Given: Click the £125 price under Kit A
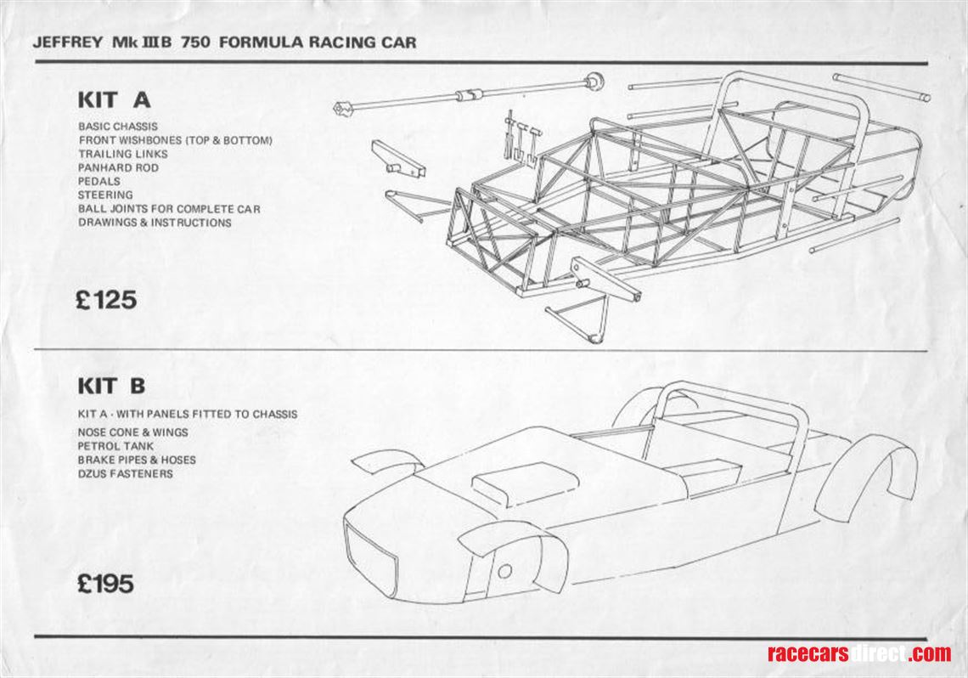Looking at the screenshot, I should click(105, 300).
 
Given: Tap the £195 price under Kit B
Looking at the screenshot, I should click(105, 585).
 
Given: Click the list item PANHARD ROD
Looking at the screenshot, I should click(118, 167).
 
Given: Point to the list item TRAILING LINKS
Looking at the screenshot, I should click(123, 154).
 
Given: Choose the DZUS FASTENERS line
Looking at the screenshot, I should click(125, 473).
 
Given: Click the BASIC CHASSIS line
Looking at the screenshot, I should click(117, 127).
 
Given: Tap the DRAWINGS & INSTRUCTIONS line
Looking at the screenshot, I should click(155, 223).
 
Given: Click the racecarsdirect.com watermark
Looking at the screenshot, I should click(858, 653).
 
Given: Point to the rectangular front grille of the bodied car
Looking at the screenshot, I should click(370, 557).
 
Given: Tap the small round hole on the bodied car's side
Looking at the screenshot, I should click(504, 572).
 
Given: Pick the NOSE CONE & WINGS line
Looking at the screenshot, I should click(132, 432).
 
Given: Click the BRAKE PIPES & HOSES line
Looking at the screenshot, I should click(136, 460).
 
